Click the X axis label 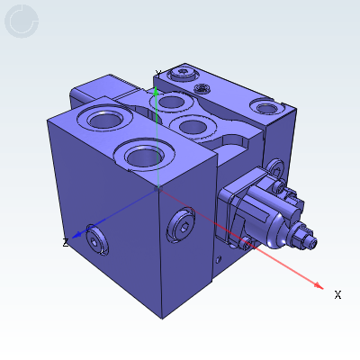click(337, 294)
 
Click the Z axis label click(66, 242)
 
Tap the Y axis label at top click(158, 74)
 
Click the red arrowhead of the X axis click(318, 285)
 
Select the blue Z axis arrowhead click(78, 236)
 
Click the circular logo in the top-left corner click(22, 22)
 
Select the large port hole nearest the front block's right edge click(147, 156)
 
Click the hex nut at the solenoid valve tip click(303, 239)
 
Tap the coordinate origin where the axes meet click(158, 187)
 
